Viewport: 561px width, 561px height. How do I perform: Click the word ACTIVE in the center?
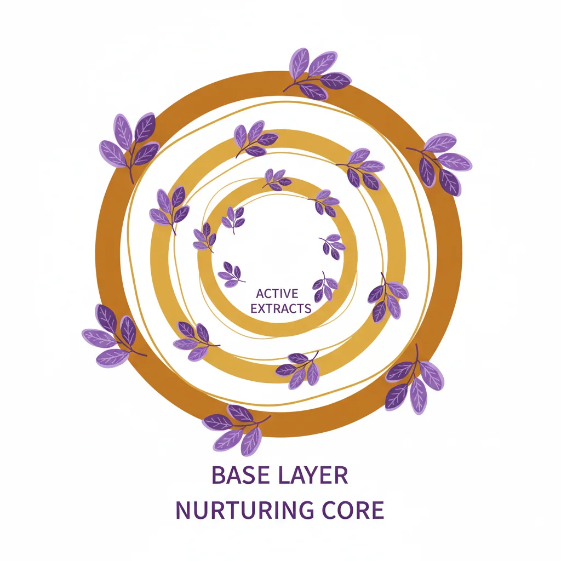tap(277, 294)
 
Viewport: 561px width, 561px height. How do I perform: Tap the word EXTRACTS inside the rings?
tap(281, 308)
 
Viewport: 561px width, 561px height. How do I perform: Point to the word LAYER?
tap(313, 475)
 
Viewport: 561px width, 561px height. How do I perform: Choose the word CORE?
tap(353, 510)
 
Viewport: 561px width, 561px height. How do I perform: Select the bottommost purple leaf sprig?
tap(237, 430)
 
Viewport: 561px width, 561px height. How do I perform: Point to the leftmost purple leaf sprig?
tap(113, 335)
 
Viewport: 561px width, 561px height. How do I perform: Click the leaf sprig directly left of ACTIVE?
tap(231, 274)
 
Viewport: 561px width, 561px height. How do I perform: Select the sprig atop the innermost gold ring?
tap(277, 180)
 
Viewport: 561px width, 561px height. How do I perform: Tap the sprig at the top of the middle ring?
tap(255, 140)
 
